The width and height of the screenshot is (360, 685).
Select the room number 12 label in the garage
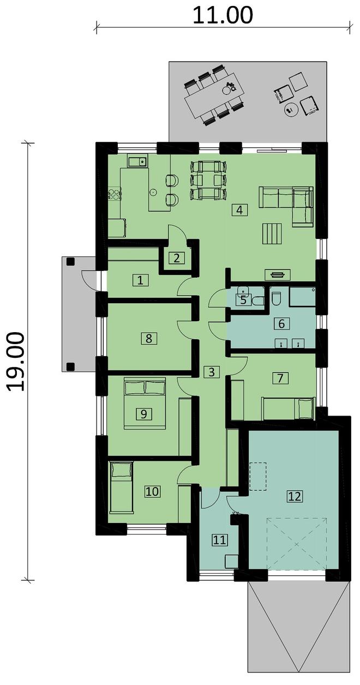click(295, 496)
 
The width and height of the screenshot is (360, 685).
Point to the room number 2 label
click(177, 258)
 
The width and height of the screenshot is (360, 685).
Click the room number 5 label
click(243, 300)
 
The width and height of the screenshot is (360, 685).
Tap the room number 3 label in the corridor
click(211, 372)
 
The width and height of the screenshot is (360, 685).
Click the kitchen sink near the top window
click(137, 160)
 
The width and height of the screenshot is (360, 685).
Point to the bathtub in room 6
click(302, 296)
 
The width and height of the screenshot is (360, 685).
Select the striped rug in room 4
click(272, 233)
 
